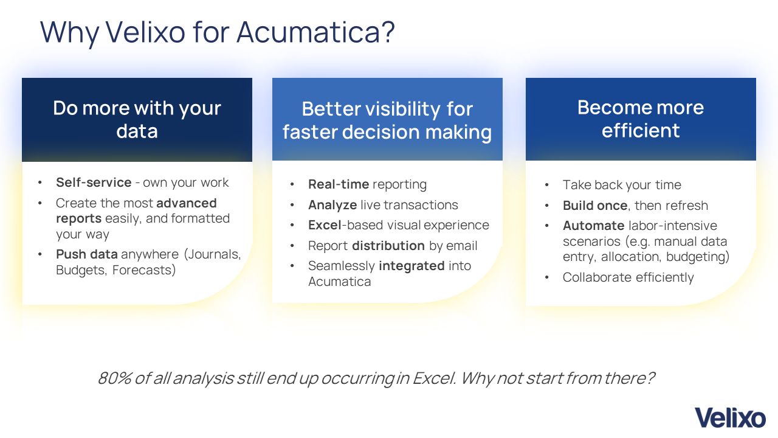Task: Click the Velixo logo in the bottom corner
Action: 730,418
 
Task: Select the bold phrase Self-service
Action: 94,182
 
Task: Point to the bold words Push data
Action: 87,254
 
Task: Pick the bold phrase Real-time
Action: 339,184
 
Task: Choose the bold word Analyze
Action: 332,205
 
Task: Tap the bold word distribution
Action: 388,245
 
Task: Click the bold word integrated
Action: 411,266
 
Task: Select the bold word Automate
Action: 594,226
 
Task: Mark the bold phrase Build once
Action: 595,206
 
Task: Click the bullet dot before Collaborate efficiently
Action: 546,277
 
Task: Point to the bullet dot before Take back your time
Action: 546,185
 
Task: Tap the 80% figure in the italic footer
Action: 115,378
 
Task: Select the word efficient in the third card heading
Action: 641,130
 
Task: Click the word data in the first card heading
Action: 137,131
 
